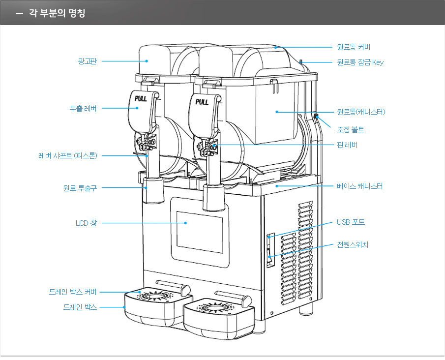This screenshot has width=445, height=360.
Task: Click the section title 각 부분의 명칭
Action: pyautogui.click(x=57, y=13)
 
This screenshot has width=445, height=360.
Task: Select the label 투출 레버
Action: pyautogui.click(x=83, y=108)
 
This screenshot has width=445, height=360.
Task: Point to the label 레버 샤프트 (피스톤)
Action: pyautogui.click(x=68, y=156)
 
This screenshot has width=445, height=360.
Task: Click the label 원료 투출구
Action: pyautogui.click(x=80, y=188)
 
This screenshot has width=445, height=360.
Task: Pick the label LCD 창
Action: pyautogui.click(x=86, y=223)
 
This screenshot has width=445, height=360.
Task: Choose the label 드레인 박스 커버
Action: pyautogui.click(x=73, y=292)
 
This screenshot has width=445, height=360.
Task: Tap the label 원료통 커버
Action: pyautogui.click(x=353, y=47)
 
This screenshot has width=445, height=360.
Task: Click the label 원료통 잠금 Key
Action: pyautogui.click(x=360, y=62)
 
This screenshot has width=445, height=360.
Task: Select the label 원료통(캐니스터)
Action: pyautogui.click(x=360, y=112)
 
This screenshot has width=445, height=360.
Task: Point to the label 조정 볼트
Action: pyautogui.click(x=350, y=129)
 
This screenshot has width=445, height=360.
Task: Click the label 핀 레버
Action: pyautogui.click(x=347, y=145)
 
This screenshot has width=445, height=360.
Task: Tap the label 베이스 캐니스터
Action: pyautogui.click(x=359, y=186)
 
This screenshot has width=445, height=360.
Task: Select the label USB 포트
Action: pyautogui.click(x=351, y=222)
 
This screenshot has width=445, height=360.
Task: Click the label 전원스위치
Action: pyautogui.click(x=352, y=244)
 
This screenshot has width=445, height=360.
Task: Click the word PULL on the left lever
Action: pyautogui.click(x=141, y=98)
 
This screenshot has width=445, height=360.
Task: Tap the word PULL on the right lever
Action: pyautogui.click(x=202, y=102)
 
